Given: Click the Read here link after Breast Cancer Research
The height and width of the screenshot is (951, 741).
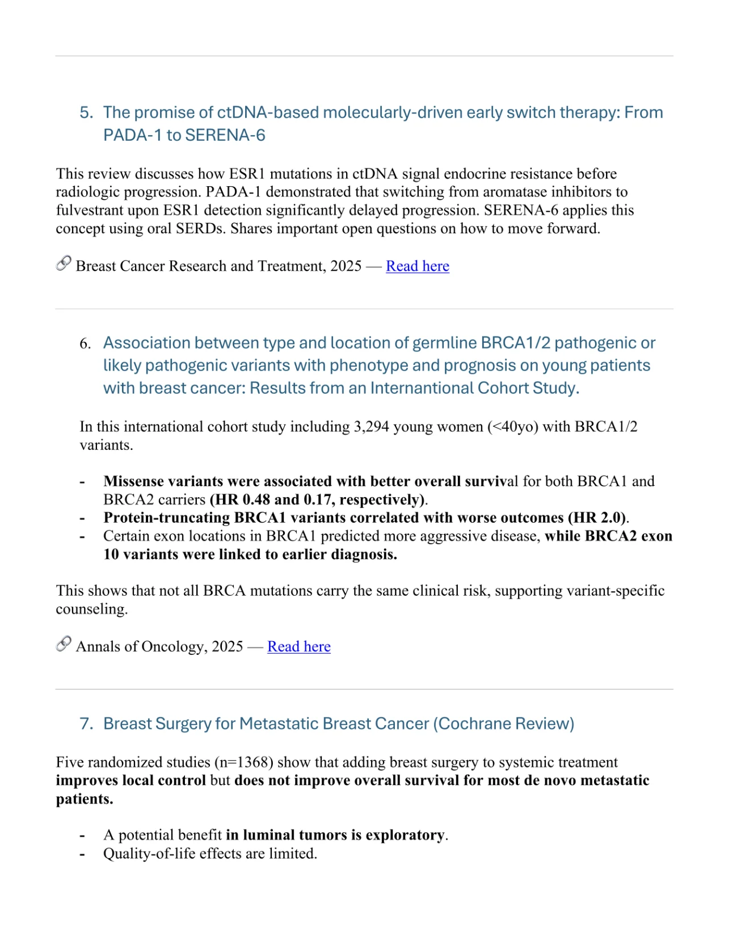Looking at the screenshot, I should pos(417,266).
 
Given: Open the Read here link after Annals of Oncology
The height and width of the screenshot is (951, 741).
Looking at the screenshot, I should pos(298,647).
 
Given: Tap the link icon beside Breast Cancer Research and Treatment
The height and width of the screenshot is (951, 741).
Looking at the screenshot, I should pos(64,264).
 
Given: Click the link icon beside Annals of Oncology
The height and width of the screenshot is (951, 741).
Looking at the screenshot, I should pos(64,644).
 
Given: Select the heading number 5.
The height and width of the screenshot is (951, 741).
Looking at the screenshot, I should pos(86,112).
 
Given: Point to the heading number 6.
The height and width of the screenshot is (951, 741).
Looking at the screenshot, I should pos(85,344).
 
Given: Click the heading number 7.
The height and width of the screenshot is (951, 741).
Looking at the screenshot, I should pos(86,724).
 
